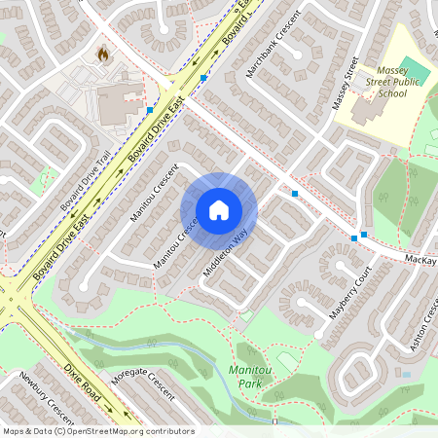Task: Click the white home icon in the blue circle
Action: pyautogui.click(x=218, y=210)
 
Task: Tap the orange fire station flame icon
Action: pyautogui.click(x=103, y=53)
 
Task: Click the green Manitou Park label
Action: pyautogui.click(x=251, y=377)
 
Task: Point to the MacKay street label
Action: pyautogui.click(x=420, y=263)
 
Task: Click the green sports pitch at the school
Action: pyautogui.click(x=414, y=70)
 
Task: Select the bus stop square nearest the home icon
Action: pyautogui.click(x=294, y=194)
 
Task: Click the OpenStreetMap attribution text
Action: pyautogui.click(x=98, y=430)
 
